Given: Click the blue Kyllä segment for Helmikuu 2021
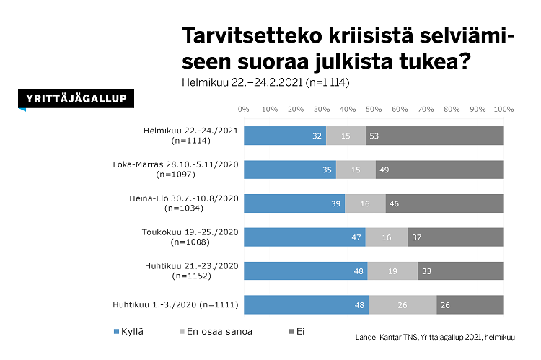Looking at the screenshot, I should pos(284,136).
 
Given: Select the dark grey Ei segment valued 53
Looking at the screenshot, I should pos(434,136).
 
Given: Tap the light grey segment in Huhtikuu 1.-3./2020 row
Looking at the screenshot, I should pos(403,305).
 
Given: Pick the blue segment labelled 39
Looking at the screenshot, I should pos(294,203).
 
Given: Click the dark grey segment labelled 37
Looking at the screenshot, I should pos(455,237).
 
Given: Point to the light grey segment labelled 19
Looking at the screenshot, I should pos(392,271).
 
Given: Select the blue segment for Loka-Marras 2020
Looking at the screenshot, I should pos(289,170).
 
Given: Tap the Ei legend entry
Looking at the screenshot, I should pos(296,332).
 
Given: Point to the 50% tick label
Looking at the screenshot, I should pos(374,110).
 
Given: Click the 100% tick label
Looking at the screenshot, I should pos(503,110).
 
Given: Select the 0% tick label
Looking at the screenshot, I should pos(244,110).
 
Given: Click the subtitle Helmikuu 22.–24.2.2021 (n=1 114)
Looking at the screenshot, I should pos(265,82).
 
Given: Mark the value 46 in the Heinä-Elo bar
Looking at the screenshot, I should pos(394,204).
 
